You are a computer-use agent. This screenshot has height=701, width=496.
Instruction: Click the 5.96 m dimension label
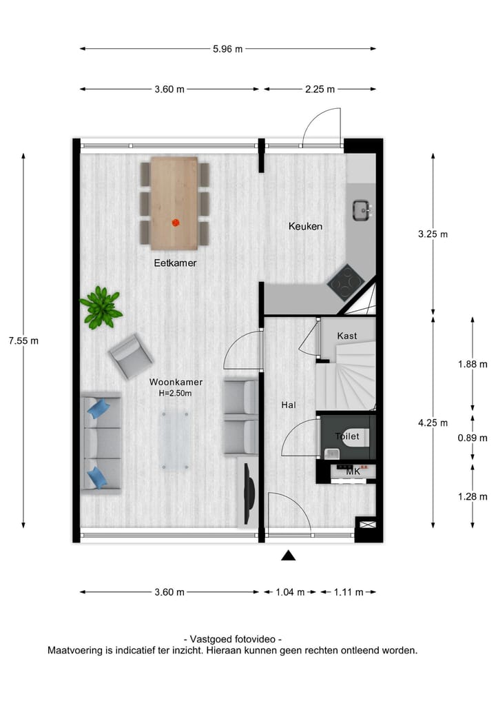coord(228,49)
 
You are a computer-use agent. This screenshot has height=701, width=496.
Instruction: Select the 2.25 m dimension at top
coord(320,89)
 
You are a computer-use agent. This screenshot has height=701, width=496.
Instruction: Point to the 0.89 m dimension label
coord(472,438)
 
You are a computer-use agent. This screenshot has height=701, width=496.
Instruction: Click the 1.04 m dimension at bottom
coord(290,592)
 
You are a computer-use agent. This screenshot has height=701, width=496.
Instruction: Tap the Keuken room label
coord(305,226)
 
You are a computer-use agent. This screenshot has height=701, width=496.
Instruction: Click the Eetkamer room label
coord(175,263)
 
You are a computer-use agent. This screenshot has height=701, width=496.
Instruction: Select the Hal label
coord(289,405)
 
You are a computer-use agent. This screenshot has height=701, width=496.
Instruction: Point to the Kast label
coord(347,336)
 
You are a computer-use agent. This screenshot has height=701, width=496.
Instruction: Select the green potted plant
coord(101,307)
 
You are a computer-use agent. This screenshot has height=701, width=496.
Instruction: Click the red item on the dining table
coord(175,222)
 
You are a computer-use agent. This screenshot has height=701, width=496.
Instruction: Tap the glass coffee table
coord(174,439)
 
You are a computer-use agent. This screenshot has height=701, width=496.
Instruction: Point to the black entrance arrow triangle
coord(289,556)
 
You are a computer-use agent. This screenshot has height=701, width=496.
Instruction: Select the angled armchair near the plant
coord(130,356)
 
